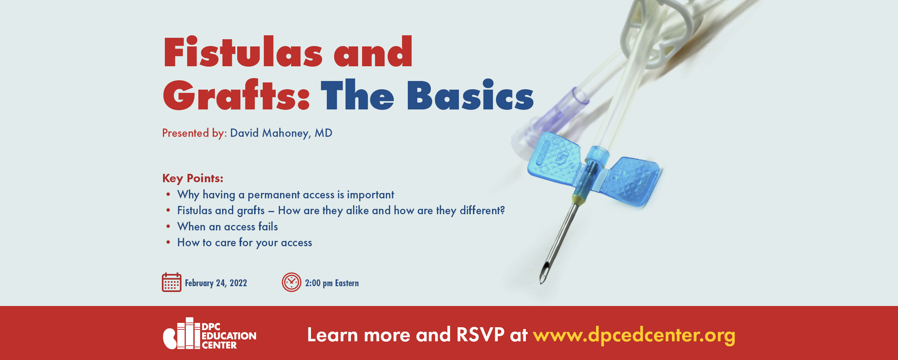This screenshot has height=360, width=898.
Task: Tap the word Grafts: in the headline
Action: pos(236,95)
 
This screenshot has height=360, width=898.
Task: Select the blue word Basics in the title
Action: pos(470,95)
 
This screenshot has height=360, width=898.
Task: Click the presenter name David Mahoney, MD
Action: pos(281,133)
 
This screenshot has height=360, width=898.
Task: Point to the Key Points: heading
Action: pos(193,178)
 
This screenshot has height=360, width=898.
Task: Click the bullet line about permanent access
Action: pos(285,195)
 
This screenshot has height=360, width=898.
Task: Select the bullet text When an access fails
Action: pos(227,226)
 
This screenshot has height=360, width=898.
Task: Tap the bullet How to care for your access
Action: pos(245,243)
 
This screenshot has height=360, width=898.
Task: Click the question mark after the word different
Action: pos(502,210)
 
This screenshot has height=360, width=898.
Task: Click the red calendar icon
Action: pos(172,282)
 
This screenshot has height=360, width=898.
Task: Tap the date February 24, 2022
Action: pos(216,283)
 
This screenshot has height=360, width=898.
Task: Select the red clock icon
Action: pos(292,282)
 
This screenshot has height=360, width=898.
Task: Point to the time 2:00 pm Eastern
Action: pos(332,283)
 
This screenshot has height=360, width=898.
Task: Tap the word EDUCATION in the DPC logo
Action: pos(229,336)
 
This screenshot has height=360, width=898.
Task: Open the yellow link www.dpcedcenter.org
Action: pos(634,336)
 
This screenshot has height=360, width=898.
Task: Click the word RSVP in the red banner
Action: pos(480,335)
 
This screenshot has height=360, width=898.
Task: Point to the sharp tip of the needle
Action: pos(541,283)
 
